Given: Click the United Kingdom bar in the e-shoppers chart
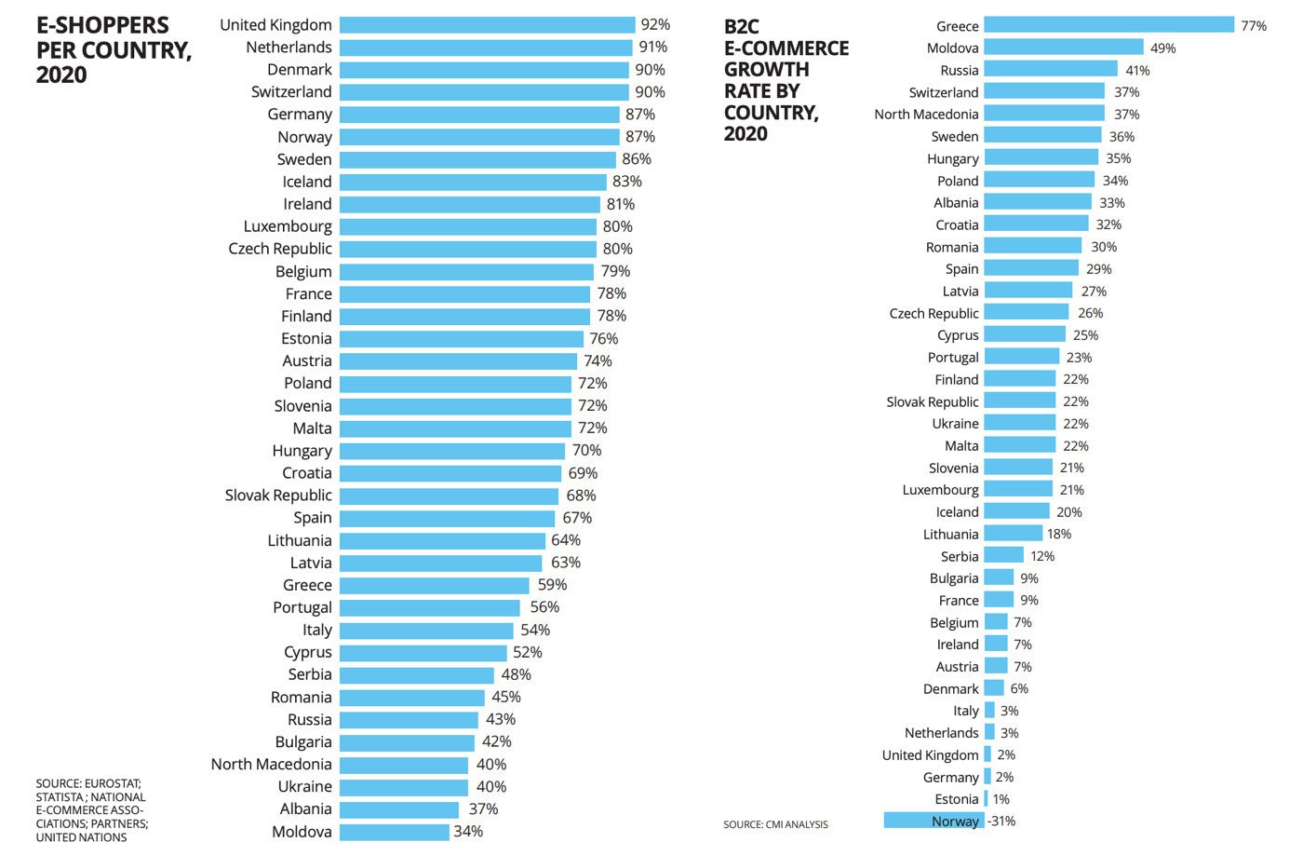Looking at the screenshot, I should [487, 25].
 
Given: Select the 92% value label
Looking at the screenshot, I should [655, 25].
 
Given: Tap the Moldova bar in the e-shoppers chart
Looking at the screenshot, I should [395, 832].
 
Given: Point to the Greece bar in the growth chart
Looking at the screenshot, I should [1108, 25].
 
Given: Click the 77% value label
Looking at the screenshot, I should [1254, 26].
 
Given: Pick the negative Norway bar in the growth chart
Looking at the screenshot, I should [934, 821].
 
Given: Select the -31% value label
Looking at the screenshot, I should [1001, 821].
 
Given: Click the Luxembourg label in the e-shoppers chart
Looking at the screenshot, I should [288, 226].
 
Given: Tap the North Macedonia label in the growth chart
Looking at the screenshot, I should [926, 115].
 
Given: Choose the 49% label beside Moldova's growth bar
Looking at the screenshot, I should [1162, 48].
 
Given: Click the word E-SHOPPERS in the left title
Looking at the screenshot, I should [102, 26].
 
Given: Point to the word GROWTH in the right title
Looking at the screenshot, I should [767, 70].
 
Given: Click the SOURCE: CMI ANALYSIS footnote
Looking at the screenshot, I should [775, 824].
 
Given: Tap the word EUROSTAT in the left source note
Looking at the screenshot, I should [116, 783].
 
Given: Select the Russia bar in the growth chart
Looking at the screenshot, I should [1051, 70].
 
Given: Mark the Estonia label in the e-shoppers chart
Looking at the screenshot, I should [306, 339].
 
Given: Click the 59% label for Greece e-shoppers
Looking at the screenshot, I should [552, 585].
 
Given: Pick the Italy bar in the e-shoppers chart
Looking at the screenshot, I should [426, 631].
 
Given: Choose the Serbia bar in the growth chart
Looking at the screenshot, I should [1004, 556].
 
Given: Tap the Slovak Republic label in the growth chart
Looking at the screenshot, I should [933, 401].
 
